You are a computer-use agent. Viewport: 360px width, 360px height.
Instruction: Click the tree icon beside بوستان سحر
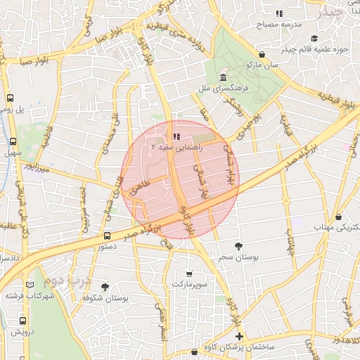239,247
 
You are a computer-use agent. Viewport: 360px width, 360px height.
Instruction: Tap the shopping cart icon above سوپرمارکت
189,273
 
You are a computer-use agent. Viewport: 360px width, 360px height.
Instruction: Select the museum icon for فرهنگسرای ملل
223,77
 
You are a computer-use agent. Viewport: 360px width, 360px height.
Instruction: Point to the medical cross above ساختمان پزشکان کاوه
239,337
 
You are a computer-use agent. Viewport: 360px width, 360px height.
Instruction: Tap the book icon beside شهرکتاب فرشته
30,285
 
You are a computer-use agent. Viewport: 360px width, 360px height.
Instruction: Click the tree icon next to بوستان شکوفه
105,287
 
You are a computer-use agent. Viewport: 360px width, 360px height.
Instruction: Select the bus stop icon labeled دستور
107,236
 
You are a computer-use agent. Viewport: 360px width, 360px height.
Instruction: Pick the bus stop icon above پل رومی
11,99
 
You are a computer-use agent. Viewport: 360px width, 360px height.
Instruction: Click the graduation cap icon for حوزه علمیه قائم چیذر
314,39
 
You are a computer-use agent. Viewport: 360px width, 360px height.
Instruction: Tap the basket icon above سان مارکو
262,54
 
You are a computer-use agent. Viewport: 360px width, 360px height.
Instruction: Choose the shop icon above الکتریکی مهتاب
339,217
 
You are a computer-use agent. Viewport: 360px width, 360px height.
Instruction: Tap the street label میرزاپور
32,167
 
